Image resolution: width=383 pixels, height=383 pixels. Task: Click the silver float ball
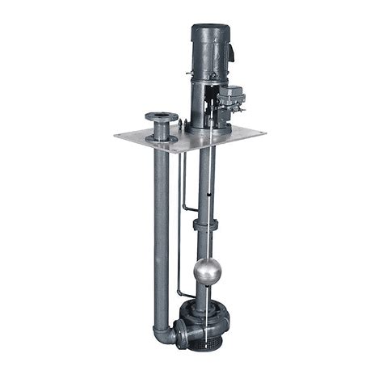pyautogui.click(x=206, y=271)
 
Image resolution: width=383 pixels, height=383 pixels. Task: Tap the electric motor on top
pyautogui.click(x=209, y=53)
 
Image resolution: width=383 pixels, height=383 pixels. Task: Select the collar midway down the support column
pyautogui.click(x=205, y=225)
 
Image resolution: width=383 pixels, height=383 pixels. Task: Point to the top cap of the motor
pyautogui.click(x=209, y=28)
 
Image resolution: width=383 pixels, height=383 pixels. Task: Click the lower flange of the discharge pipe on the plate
pyautogui.click(x=162, y=138)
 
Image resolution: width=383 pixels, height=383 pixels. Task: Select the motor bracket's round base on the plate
pyautogui.click(x=208, y=127)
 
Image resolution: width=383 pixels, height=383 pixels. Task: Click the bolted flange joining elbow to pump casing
pyautogui.click(x=179, y=332)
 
